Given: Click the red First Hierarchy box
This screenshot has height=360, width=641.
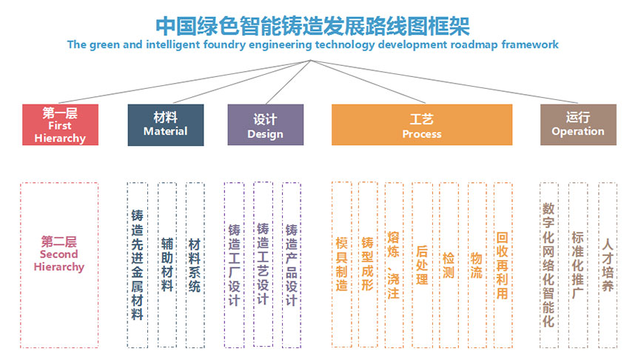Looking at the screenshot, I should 60,124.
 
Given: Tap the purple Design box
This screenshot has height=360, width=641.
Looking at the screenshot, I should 265,124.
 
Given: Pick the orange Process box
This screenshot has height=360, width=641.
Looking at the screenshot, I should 421,124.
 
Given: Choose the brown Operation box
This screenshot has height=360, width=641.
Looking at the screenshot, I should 578,124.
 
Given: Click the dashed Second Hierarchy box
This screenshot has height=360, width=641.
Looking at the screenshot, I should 59,264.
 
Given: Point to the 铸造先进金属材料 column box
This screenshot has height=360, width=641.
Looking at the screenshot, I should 137,264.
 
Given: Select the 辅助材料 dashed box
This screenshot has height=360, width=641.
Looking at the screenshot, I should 167,264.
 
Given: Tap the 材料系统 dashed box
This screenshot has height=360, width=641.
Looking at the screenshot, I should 195,264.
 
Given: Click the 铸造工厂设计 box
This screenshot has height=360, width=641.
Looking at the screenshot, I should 234,264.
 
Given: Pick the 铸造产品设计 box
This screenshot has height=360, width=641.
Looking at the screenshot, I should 292,264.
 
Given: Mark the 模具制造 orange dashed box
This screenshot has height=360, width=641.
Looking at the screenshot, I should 341,264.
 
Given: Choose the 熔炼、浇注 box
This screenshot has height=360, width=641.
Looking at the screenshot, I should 393,264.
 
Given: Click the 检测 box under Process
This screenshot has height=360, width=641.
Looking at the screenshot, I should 449,264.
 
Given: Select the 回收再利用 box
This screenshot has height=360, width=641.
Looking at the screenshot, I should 503,264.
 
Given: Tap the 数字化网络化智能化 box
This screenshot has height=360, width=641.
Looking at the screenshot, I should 548,264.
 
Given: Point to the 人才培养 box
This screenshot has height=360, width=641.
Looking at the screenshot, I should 608,264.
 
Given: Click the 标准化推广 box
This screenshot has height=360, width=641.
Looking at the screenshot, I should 578,264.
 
